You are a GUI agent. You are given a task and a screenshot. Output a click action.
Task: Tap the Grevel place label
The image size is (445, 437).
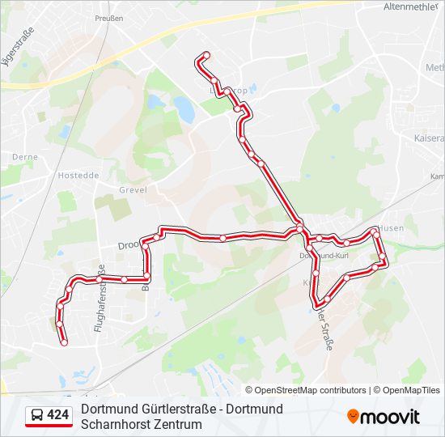[133, 190]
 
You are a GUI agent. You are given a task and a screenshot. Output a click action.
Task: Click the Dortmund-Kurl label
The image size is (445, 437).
[324, 255]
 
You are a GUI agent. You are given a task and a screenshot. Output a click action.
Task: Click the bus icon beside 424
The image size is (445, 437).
[36, 416]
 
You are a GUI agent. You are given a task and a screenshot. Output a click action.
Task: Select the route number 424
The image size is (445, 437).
[58, 416]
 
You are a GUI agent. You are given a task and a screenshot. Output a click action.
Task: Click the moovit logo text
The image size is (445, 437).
[390, 417]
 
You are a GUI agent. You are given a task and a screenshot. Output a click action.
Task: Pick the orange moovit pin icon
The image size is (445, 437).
[353, 417]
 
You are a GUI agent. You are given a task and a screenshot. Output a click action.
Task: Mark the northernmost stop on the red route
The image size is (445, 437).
[206, 55]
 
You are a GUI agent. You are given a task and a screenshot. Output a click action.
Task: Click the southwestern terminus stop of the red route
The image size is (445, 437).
[64, 342]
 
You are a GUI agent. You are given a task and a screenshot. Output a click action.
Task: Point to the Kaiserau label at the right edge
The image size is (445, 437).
[429, 138]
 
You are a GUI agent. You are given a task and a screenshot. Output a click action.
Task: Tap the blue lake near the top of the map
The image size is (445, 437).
[184, 109]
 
